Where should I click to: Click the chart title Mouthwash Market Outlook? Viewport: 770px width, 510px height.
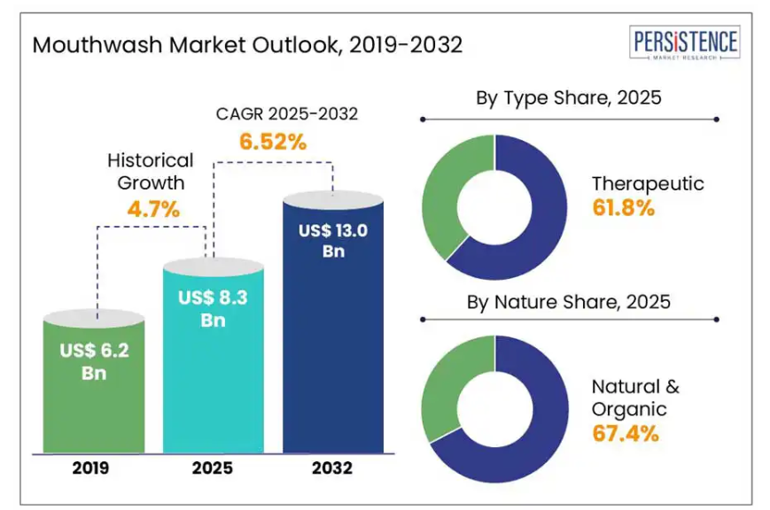247,45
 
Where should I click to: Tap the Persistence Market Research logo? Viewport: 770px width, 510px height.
685,43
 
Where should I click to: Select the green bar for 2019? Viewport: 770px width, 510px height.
95,398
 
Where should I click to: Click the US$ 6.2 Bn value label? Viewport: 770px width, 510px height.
95,361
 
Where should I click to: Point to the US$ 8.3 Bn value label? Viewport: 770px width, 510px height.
213,309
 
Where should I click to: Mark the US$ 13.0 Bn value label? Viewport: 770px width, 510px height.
332,240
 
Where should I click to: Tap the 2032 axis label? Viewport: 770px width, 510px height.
332,468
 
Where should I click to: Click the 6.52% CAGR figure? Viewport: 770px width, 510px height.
273,141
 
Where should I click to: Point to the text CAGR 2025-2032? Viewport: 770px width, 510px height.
275,114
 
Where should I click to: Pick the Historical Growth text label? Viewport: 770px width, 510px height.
150,172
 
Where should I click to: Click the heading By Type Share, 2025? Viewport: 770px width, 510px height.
568,97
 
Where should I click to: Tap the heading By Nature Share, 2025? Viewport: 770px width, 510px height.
568,302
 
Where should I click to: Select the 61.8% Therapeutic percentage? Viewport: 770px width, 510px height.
623,209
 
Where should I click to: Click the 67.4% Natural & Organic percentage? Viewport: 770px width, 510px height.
625,434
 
